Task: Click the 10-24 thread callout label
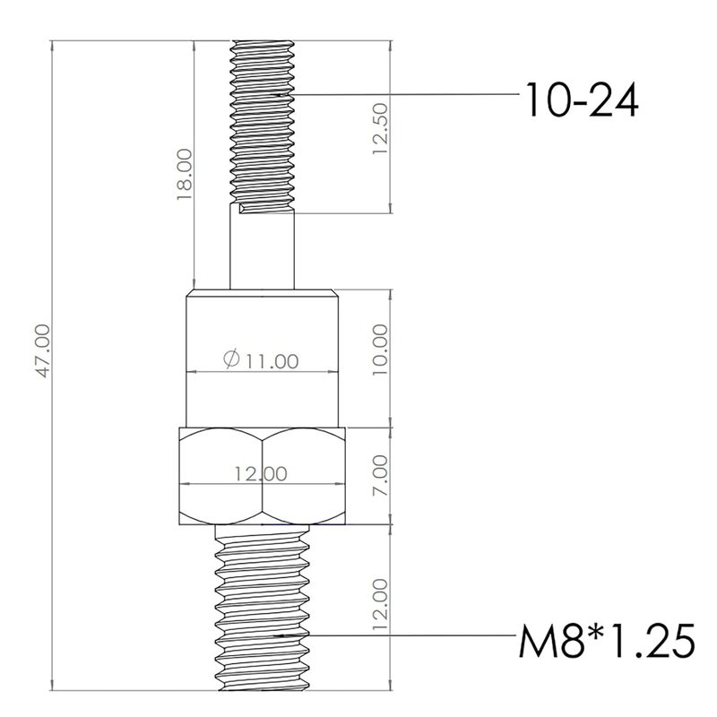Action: (x=583, y=101)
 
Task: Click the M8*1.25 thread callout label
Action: (x=607, y=642)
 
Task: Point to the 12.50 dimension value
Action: (x=382, y=129)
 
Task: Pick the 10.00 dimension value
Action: (x=382, y=349)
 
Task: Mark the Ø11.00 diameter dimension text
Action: (x=260, y=360)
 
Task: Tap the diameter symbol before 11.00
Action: (x=229, y=360)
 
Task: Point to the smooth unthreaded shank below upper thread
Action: (x=263, y=251)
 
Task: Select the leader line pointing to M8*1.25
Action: (x=403, y=635)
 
